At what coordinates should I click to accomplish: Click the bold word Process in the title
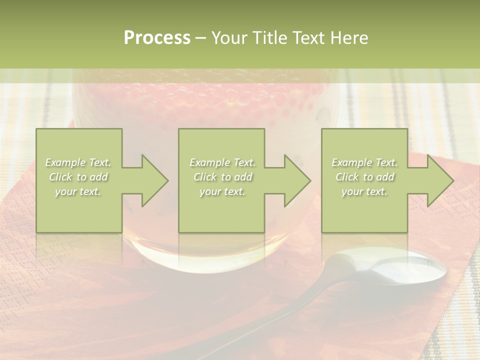157,38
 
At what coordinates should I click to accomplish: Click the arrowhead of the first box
152,180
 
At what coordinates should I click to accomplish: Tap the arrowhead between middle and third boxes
295,180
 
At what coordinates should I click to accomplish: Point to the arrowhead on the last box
438,180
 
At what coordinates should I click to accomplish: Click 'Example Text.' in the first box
78,162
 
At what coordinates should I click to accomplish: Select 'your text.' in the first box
78,191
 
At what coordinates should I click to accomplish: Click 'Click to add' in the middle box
222,177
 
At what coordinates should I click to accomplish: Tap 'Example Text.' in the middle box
222,162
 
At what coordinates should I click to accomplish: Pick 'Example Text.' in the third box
364,162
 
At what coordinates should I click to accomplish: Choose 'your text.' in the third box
364,191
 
